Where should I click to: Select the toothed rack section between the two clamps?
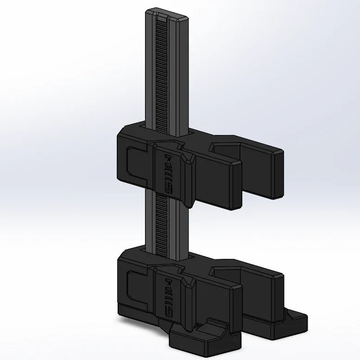[160, 223]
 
